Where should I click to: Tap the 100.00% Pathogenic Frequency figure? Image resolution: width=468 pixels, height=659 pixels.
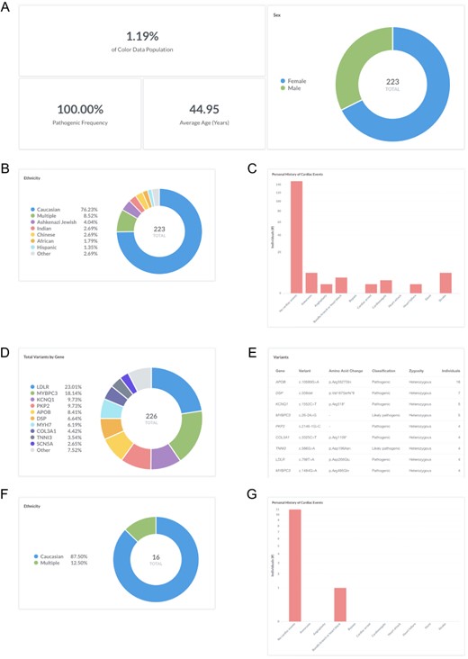(x=77, y=107)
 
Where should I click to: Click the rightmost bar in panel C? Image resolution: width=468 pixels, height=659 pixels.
(x=445, y=283)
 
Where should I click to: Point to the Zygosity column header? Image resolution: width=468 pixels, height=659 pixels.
(x=416, y=368)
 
